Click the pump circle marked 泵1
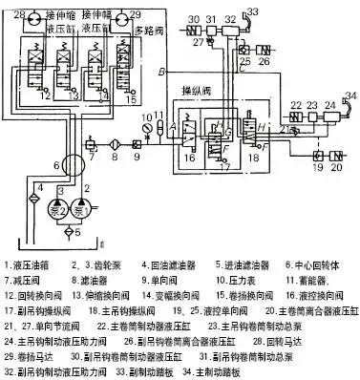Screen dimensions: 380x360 point(87,208)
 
